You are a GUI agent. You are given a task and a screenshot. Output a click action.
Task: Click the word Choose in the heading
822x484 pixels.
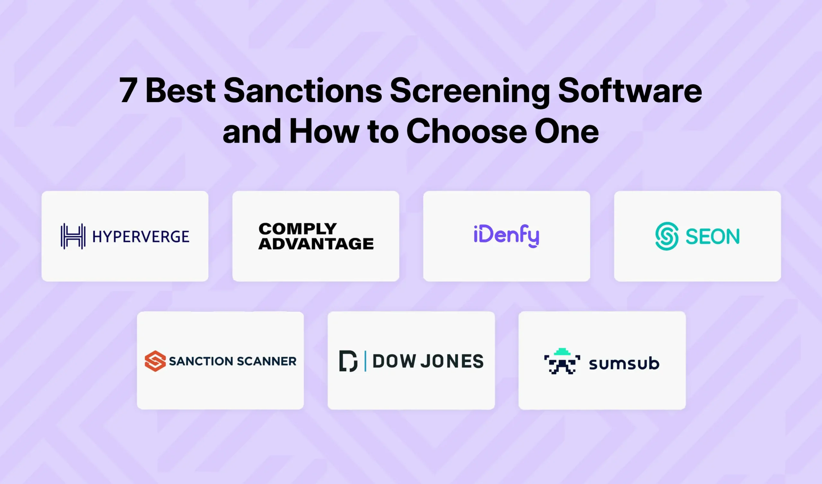pyautogui.click(x=467, y=131)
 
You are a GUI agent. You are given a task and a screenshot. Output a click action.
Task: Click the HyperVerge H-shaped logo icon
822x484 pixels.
pyautogui.click(x=73, y=236)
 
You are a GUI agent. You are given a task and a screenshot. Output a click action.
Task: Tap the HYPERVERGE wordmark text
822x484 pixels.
pyautogui.click(x=141, y=237)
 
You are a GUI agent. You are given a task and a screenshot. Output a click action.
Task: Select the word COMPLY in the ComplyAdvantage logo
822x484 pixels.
pyautogui.click(x=297, y=229)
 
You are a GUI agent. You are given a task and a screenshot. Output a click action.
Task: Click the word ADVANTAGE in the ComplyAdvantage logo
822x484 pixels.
pyautogui.click(x=316, y=244)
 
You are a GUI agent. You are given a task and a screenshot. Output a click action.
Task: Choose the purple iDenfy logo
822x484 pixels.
pyautogui.click(x=506, y=236)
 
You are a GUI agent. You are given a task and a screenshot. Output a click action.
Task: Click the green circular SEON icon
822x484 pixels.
pyautogui.click(x=667, y=236)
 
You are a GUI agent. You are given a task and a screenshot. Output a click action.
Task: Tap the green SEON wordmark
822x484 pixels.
pyautogui.click(x=713, y=237)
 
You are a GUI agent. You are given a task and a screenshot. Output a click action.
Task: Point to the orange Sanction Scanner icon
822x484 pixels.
pyautogui.click(x=155, y=361)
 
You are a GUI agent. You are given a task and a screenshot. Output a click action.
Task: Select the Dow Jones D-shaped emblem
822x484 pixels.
pyautogui.click(x=348, y=361)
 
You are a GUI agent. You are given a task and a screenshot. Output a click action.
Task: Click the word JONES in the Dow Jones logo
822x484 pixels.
pyautogui.click(x=452, y=361)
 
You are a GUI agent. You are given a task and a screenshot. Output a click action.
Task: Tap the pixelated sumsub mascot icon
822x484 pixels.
pyautogui.click(x=562, y=362)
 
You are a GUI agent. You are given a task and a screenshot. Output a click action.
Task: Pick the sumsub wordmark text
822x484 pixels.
pyautogui.click(x=624, y=363)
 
